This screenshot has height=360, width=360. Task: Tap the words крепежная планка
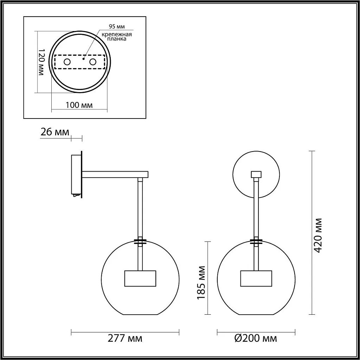[x=117, y=37]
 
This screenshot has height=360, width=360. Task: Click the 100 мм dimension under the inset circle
[x=79, y=105]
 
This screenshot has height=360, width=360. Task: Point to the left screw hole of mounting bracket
[x=67, y=62]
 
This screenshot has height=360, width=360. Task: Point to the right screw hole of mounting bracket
[x=93, y=62]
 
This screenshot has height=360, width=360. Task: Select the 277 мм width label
[x=125, y=339]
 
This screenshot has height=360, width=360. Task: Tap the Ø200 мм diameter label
[x=256, y=339]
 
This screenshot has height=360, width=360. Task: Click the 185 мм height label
[x=201, y=282]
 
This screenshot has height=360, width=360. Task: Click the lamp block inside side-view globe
[x=140, y=278]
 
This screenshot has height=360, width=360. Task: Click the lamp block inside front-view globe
[x=256, y=278]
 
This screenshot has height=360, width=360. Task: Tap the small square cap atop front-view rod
[x=256, y=174]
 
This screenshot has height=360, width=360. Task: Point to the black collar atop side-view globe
[x=140, y=242]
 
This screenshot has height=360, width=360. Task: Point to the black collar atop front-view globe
[x=256, y=242]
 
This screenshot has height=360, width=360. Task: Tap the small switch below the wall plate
[x=75, y=196]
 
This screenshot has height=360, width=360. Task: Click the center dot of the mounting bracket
[x=83, y=59]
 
